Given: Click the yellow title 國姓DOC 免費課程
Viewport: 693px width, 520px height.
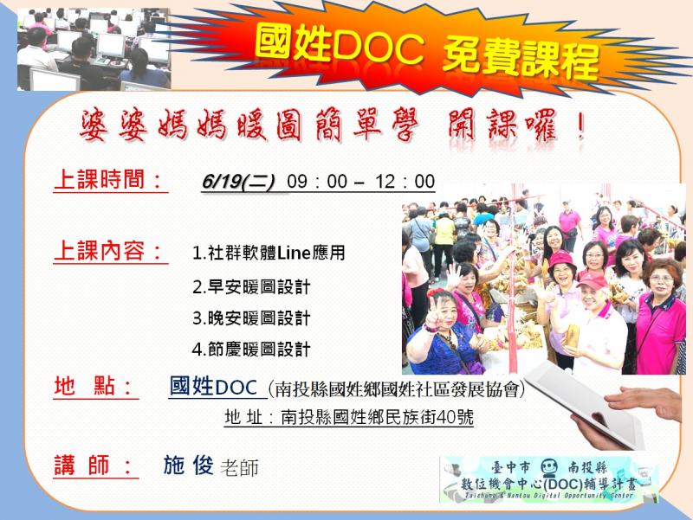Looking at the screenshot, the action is (427, 52).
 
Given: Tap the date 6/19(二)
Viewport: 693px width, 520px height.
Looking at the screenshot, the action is (238, 182).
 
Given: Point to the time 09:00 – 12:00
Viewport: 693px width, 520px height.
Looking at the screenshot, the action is (360, 182).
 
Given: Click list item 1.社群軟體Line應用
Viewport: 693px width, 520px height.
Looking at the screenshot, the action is (269, 253).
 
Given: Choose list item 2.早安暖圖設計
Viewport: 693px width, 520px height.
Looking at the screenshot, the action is (251, 287).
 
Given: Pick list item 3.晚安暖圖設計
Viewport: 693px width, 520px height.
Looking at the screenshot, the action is (251, 318).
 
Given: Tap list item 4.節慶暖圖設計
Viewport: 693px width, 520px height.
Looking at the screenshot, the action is (251, 350).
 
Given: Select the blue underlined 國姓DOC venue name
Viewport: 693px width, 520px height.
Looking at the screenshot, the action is (213, 386).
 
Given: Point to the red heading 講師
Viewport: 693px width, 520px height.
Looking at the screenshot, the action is (94, 465).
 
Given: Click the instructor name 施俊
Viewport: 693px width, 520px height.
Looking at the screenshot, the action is (189, 465).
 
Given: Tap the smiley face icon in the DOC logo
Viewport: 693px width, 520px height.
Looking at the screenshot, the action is (548, 466).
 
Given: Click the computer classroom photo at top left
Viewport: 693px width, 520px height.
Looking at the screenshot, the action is (94, 49).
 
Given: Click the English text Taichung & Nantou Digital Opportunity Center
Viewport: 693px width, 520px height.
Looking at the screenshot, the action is (549, 496).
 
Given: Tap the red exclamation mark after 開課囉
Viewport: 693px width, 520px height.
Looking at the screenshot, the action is (580, 126).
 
